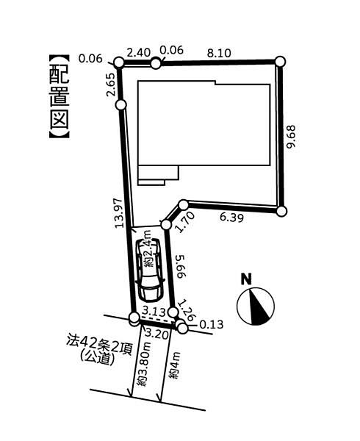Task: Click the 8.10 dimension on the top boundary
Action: click(219, 53)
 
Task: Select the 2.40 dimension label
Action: click(139, 53)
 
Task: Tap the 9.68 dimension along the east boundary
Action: click(291, 137)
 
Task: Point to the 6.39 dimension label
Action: click(231, 217)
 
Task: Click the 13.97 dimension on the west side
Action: click(119, 213)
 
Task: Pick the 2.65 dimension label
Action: click(110, 85)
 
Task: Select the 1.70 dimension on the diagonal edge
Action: click(185, 222)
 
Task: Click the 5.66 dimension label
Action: click(181, 267)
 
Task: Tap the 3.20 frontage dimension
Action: click(157, 335)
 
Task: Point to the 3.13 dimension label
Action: click(154, 312)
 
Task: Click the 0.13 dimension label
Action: click(212, 325)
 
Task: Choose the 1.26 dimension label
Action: click(187, 310)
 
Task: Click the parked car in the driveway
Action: click(149, 270)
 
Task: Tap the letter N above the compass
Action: click(246, 279)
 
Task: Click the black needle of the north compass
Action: click(258, 306)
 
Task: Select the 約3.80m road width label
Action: click(142, 365)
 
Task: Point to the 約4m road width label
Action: click(174, 365)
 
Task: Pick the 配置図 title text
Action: click(60, 96)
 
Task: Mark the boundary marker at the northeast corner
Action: click(280, 61)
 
